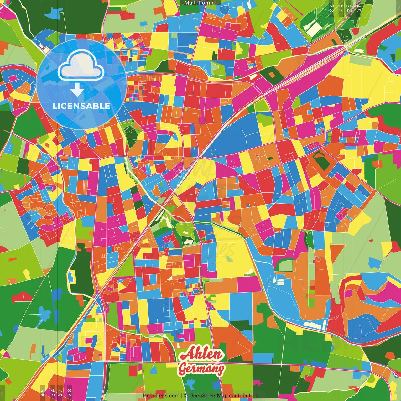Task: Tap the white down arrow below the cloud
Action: pos(77,90)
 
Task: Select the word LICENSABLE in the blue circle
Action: pos(81,106)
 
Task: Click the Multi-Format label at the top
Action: pos(200,3)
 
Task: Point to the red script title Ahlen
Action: pos(202,354)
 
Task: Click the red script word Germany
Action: pos(201,369)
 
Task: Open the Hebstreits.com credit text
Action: pos(161,396)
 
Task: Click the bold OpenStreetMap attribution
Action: pos(208,396)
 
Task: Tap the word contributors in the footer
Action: pos(243,396)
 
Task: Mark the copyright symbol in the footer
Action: pos(186,396)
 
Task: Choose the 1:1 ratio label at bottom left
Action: pos(3,393)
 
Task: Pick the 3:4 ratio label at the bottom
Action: pos(53,393)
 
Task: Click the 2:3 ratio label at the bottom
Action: pos(69,393)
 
